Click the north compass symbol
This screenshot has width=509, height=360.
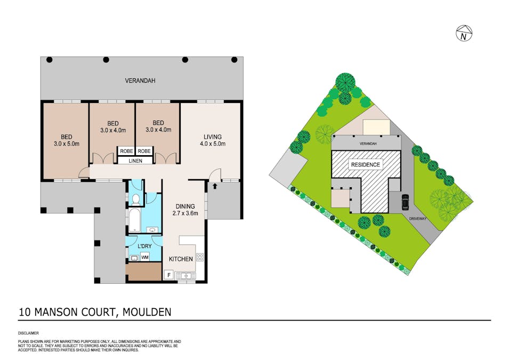[x=465, y=34]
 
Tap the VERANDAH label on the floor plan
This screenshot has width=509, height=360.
[x=141, y=81]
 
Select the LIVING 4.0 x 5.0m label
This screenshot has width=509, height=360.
[x=212, y=140]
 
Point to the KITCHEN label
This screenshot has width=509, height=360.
[x=181, y=259]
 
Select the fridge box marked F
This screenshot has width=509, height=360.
[x=169, y=276]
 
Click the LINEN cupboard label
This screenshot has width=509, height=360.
[x=134, y=161]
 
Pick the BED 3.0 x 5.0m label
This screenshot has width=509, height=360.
[x=66, y=140]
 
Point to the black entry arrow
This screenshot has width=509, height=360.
[x=215, y=186]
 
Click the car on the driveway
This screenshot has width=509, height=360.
[x=405, y=202]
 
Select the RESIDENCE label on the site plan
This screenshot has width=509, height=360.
[x=366, y=165]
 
